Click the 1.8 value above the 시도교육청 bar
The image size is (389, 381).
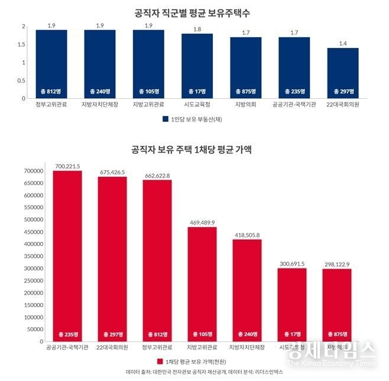click(x=197, y=29)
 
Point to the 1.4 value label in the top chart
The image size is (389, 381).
click(x=343, y=43)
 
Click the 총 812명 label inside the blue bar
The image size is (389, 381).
click(x=51, y=91)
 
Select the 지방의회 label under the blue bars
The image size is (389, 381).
click(x=245, y=105)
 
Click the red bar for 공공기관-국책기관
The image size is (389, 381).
click(x=67, y=254)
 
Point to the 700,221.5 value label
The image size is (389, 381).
click(x=67, y=167)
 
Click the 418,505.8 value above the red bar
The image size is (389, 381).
click(x=247, y=235)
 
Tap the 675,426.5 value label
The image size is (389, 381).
click(x=112, y=172)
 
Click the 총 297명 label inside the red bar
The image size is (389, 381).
click(x=112, y=334)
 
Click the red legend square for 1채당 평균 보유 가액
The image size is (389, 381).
click(x=159, y=361)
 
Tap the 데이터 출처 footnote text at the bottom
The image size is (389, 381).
click(x=196, y=373)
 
